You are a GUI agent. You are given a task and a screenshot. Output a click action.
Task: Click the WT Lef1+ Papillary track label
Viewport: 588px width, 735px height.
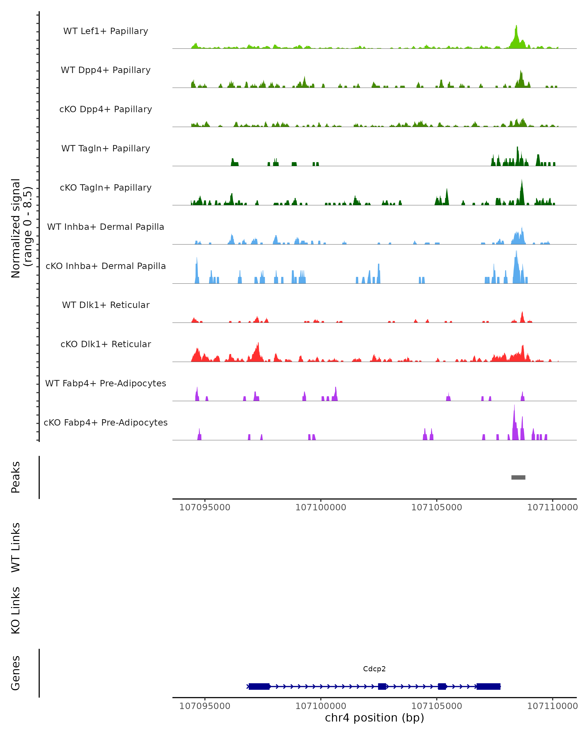tap(106, 31)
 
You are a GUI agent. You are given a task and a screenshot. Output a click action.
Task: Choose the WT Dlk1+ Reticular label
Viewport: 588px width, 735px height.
tap(106, 305)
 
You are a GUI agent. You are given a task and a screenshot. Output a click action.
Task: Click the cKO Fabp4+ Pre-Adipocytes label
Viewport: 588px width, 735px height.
tap(106, 422)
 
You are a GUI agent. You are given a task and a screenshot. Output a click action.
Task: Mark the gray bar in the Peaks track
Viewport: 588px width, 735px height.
tap(518, 477)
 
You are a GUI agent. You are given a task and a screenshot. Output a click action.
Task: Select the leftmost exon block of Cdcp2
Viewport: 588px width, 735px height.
tap(259, 686)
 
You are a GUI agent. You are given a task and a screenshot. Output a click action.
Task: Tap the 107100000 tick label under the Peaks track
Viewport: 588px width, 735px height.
tap(320, 507)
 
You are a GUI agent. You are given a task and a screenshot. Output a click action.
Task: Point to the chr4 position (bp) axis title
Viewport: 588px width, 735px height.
tap(374, 718)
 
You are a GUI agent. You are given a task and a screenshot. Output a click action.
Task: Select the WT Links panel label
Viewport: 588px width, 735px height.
tap(16, 548)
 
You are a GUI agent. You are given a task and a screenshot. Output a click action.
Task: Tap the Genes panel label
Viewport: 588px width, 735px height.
tap(16, 673)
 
